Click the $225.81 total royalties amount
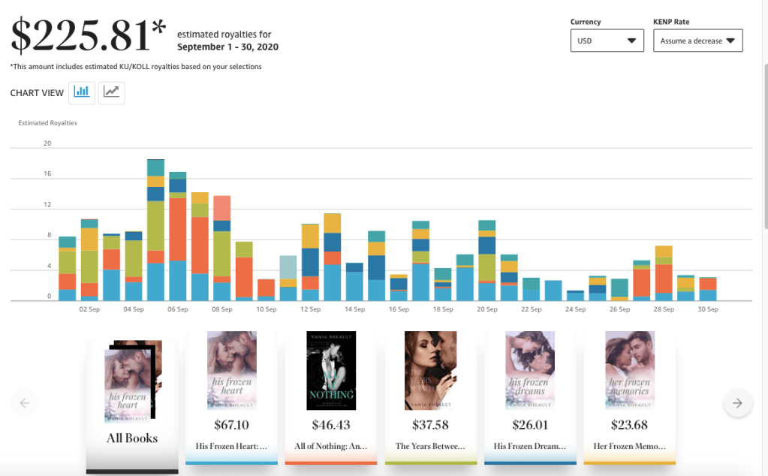pyautogui.click(x=88, y=36)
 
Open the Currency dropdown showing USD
pyautogui.click(x=607, y=41)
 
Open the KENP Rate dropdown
pyautogui.click(x=697, y=41)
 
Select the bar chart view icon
pyautogui.click(x=82, y=92)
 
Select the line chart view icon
pyautogui.click(x=111, y=92)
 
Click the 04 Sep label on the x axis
pyautogui.click(x=134, y=309)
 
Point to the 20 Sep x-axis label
pyautogui.click(x=487, y=309)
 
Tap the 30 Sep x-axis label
pyautogui.click(x=708, y=309)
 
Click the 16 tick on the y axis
pyautogui.click(x=47, y=174)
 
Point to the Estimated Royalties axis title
pyautogui.click(x=47, y=123)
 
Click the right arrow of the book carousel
pyautogui.click(x=737, y=403)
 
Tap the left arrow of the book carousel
pyautogui.click(x=24, y=403)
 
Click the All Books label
pyautogui.click(x=132, y=438)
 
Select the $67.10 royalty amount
pyautogui.click(x=232, y=426)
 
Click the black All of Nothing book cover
pyautogui.click(x=331, y=371)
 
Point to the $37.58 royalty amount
pyautogui.click(x=431, y=426)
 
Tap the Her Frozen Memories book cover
pyautogui.click(x=630, y=371)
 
